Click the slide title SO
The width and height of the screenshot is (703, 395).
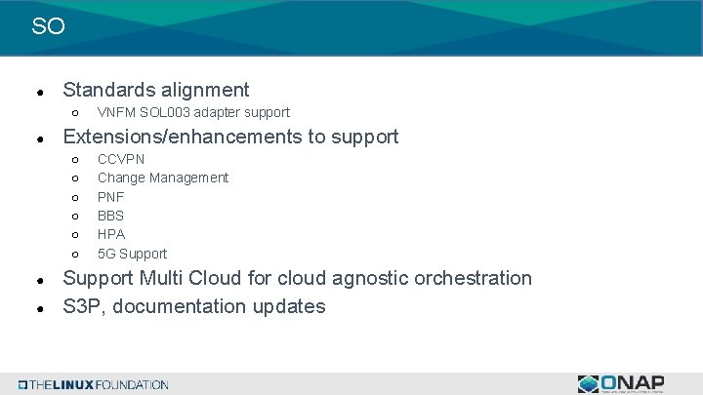(48, 26)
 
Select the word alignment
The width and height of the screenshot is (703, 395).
(203, 90)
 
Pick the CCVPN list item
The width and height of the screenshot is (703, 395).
(121, 159)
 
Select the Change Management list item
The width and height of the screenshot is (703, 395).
(163, 178)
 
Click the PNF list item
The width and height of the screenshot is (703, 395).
(110, 197)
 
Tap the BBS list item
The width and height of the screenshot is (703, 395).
(110, 216)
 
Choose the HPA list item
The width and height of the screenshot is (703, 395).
(111, 234)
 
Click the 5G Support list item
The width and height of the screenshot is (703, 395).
(132, 254)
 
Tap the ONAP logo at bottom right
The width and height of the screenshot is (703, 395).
(621, 383)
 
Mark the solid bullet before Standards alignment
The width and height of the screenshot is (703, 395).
(37, 92)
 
